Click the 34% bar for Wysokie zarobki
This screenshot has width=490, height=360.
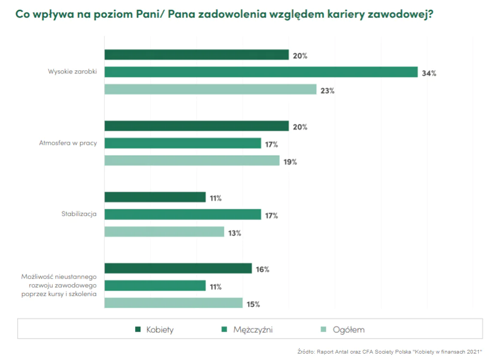click(261, 72)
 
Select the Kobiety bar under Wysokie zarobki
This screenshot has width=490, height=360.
click(196, 55)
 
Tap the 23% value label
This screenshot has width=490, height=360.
click(328, 91)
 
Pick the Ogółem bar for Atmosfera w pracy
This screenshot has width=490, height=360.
click(191, 160)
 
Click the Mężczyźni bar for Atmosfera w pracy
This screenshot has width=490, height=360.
click(182, 143)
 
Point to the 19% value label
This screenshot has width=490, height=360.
click(291, 162)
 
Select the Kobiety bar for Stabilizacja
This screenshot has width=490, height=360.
click(154, 197)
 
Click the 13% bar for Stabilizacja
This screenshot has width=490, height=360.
click(164, 232)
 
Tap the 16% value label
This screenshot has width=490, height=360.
click(263, 269)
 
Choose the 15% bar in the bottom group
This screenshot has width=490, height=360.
click(173, 303)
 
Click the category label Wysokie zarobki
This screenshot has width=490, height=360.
click(72, 72)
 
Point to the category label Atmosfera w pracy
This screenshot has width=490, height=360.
click(68, 143)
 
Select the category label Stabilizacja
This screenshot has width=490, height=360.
click(79, 215)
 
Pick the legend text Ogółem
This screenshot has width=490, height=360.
click(348, 330)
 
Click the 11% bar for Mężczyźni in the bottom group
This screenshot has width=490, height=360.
click(154, 285)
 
